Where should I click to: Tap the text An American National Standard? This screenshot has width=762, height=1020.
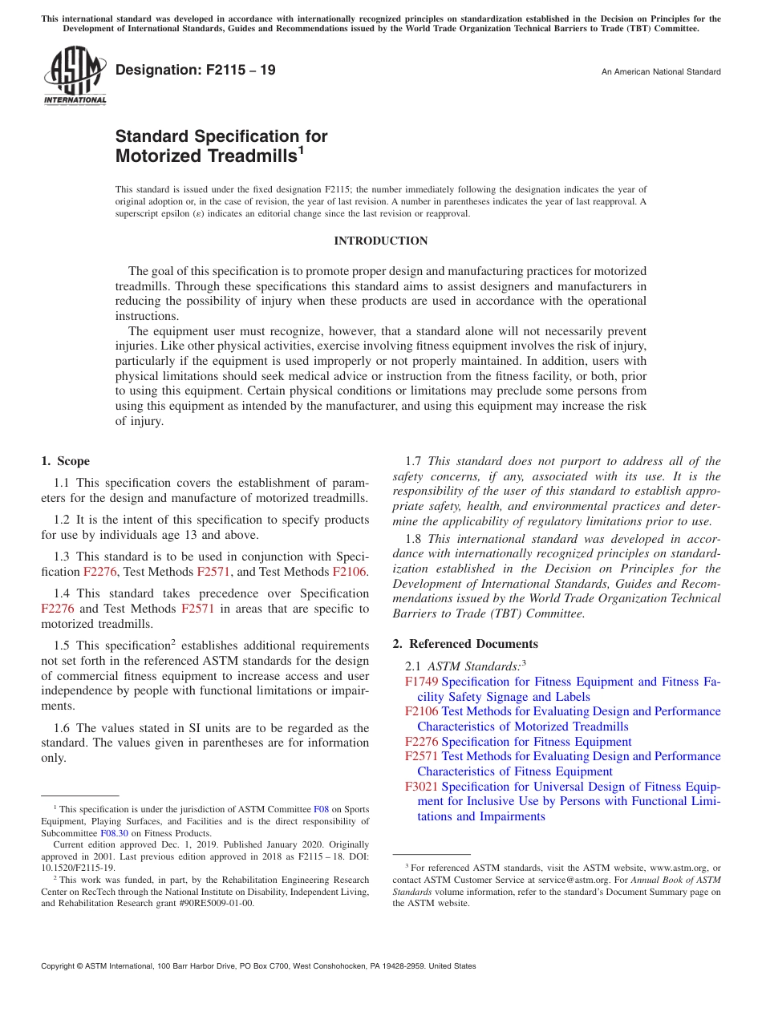[661, 72]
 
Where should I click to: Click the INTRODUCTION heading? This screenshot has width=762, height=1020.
[380, 241]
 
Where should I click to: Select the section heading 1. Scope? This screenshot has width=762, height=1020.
[65, 461]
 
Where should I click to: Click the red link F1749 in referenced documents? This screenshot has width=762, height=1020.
[422, 682]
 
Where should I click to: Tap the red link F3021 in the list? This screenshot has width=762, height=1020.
[422, 787]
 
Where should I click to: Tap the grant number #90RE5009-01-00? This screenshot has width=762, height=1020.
[213, 903]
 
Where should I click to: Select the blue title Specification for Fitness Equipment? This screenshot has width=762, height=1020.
[537, 742]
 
